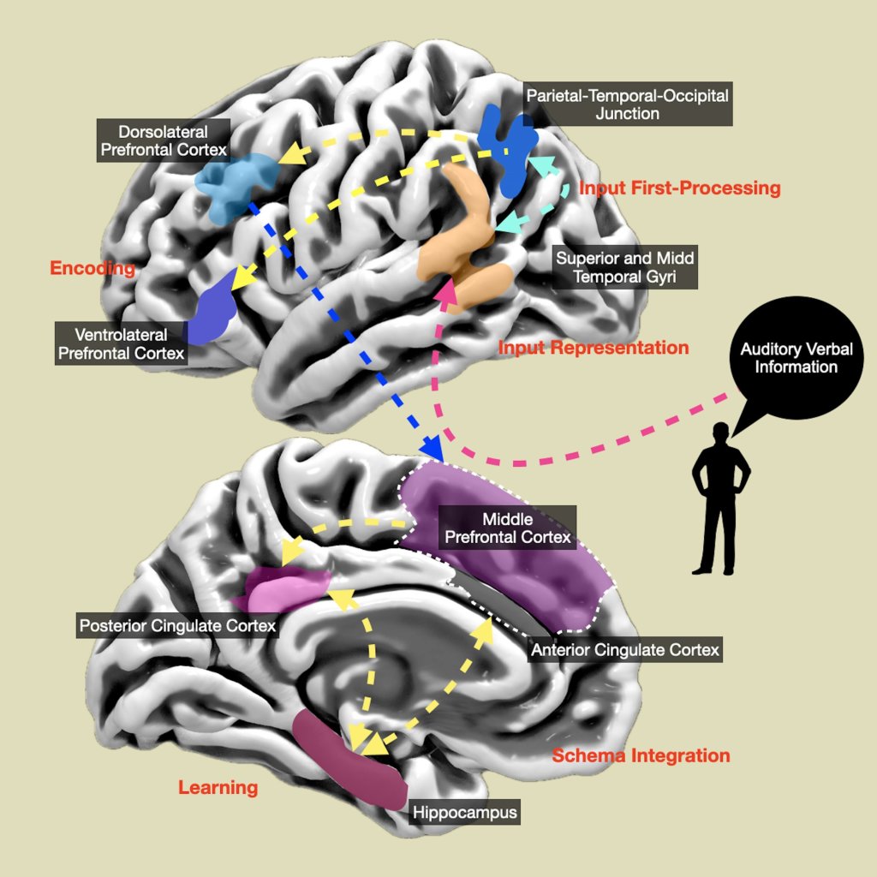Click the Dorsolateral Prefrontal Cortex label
164,140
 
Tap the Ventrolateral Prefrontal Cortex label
121,343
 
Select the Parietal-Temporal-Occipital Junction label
627,104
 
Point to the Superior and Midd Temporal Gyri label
624,267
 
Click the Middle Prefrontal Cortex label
507,528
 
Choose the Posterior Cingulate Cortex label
177,626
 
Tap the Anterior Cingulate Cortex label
625,650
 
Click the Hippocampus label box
465,812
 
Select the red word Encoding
92,269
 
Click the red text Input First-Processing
679,188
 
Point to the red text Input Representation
594,348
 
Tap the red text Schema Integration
641,755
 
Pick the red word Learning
218,788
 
